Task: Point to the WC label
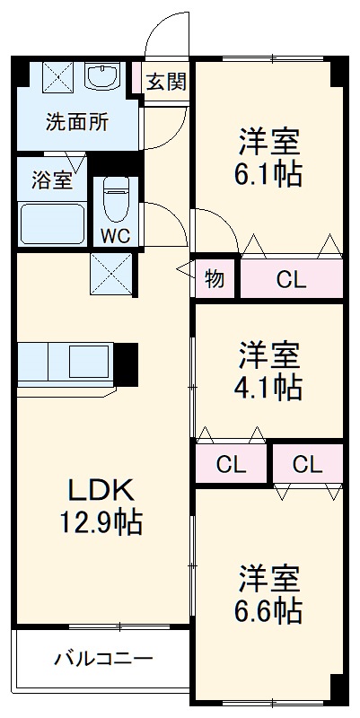(114, 237)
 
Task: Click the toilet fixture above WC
(115, 199)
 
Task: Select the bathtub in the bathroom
(52, 224)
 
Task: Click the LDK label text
(101, 489)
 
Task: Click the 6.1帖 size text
(269, 172)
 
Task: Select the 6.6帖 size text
(269, 610)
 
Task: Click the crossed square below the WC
(110, 274)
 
